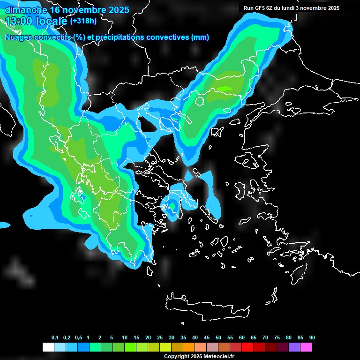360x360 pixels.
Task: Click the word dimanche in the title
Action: [25, 9]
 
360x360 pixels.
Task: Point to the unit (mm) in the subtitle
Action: [200, 37]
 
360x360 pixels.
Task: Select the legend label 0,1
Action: [55, 338]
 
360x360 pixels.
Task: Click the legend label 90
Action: [312, 338]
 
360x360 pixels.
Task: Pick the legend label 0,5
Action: [78, 338]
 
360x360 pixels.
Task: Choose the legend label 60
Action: [242, 338]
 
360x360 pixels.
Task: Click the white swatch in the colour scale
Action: [48, 347]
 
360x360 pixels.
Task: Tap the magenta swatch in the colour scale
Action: [306, 347]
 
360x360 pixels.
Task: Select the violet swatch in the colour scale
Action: [294, 347]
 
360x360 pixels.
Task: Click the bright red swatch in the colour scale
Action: [247, 347]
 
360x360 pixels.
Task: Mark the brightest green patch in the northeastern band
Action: [225, 88]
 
